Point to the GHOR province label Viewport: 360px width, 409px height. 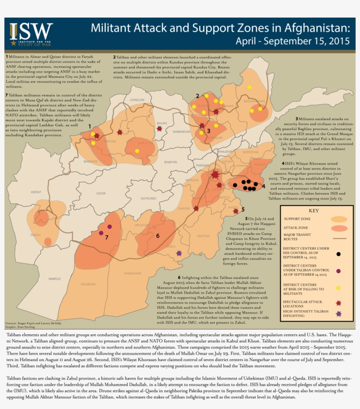(101, 193)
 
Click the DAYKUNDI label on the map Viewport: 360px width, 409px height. (149, 199)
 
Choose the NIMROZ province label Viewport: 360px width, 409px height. (55, 279)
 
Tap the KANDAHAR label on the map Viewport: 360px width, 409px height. (132, 273)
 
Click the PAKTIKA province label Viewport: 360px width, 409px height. (203, 236)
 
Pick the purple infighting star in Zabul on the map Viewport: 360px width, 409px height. (179, 253)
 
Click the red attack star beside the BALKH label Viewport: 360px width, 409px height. (159, 129)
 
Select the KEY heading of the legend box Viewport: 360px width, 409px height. (313, 210)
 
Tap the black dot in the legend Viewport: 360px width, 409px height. (338, 254)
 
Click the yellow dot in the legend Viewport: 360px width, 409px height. (338, 287)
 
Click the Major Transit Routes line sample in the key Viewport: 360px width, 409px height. (338, 238)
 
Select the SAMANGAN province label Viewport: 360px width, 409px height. (181, 131)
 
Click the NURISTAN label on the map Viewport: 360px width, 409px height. (251, 152)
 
